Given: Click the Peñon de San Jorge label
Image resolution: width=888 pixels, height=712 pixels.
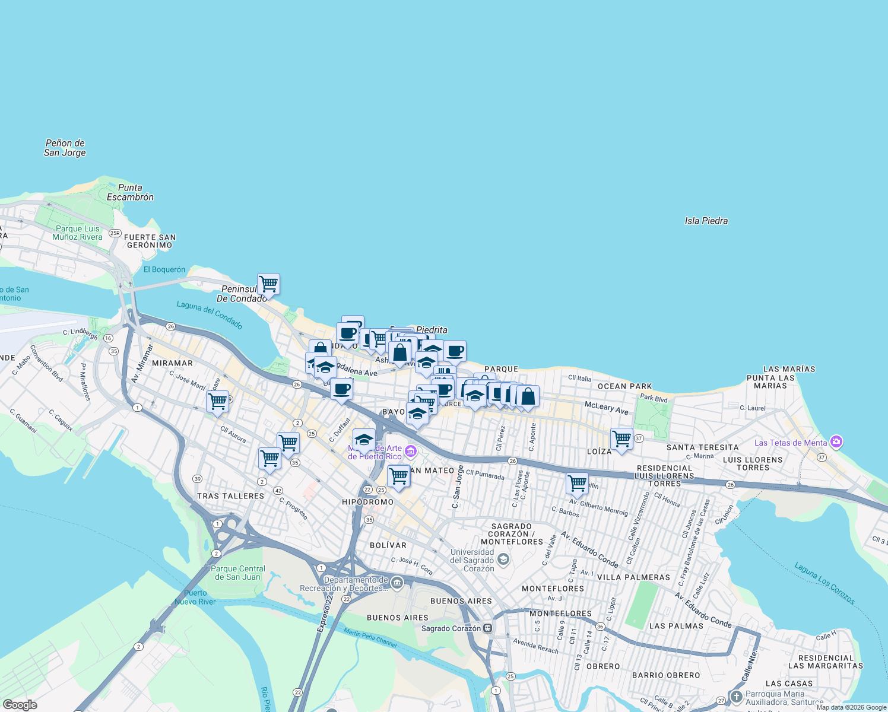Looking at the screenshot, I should coord(65,148).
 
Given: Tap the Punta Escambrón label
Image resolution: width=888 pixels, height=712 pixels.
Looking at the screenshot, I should coord(130,192).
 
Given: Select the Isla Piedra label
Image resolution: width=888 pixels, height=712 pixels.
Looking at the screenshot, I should coord(706,221).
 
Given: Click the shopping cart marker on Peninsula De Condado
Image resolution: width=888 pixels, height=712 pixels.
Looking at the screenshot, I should coord(268,284).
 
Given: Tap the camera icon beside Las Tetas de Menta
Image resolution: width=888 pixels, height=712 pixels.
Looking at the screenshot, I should coord(836,442).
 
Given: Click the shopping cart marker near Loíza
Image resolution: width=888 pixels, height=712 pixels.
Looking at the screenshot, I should coord(621,439).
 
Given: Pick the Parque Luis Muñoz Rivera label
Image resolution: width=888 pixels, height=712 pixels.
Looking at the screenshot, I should coord(77,233).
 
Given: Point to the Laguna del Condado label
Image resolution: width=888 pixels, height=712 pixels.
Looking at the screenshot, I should coord(210,315).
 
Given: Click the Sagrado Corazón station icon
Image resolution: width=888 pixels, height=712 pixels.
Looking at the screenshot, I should coord(488,628).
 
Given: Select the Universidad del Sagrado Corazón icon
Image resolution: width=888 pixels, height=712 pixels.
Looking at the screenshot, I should coord(503,560).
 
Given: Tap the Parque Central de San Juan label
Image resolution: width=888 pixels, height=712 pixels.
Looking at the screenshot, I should coord(237,573).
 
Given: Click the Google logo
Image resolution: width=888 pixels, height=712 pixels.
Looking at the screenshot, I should coord(20,705).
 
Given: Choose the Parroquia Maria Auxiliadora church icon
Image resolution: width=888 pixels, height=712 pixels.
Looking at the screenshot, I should coord(736,697).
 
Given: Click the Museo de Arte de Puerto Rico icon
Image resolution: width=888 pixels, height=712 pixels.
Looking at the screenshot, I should coord(410,453).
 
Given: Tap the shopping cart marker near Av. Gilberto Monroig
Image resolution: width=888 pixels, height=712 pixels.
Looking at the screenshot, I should coord(577,483).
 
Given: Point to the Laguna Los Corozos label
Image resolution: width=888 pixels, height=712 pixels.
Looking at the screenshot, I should coord(824,584).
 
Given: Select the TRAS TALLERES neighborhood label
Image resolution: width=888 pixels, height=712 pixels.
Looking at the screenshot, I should coord(230,496).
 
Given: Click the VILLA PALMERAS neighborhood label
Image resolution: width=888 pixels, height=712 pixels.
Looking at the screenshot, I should coord(633,577).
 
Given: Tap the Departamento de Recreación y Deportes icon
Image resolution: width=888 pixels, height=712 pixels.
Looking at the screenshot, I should coord(397,583).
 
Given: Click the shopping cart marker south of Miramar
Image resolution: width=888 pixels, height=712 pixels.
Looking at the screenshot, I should coord(217,401).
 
